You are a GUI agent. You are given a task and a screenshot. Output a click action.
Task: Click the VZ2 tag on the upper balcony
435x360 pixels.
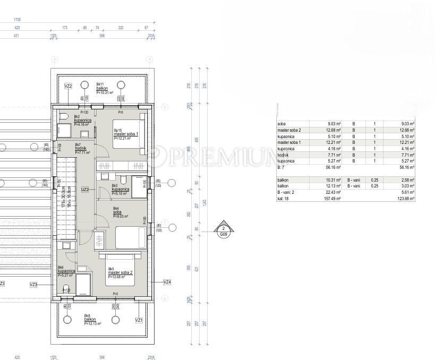[68, 85]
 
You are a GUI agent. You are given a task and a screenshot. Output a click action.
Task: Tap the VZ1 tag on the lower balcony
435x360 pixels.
[139, 320]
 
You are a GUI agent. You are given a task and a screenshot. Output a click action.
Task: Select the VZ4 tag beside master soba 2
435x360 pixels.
[167, 282]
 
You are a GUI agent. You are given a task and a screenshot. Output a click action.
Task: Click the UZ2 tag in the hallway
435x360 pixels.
[84, 188]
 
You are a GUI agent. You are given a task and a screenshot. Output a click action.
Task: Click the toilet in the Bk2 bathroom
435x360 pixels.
[63, 116]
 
